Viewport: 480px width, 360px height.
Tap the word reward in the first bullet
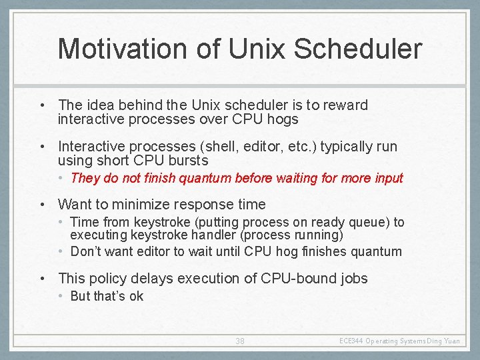click(x=347, y=105)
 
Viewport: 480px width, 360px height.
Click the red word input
click(x=388, y=178)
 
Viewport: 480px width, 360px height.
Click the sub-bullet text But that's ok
click(x=107, y=296)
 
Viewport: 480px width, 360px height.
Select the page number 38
click(x=240, y=341)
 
